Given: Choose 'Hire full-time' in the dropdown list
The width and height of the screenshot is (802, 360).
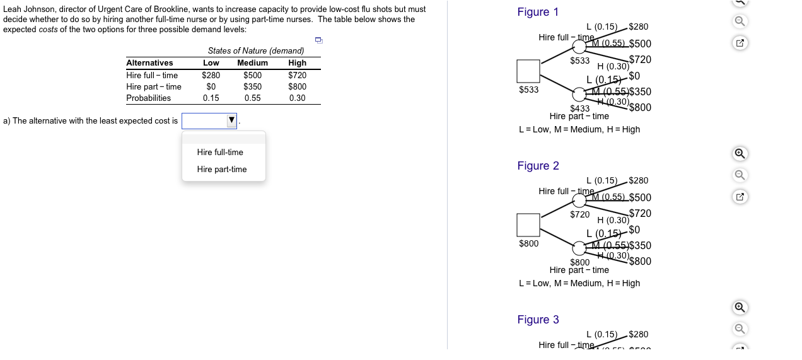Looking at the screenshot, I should pos(220,152).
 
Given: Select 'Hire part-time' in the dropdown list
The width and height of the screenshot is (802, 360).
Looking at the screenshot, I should pos(222,169).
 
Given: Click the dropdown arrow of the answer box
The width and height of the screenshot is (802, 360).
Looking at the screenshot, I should pos(231,120).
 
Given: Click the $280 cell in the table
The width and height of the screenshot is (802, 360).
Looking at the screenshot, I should pos(211,75).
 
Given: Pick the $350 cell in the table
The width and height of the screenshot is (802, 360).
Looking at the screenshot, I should pos(252,86).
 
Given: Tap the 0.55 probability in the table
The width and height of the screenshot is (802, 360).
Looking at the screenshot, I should pos(252,98).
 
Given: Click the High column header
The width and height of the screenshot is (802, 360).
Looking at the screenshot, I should pos(297,62).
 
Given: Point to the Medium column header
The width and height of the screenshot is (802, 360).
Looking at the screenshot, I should pos(252,62).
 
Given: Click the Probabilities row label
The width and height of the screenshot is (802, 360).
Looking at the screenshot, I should pos(149,98).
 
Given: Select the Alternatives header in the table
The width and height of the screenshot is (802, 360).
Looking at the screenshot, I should pos(149,62).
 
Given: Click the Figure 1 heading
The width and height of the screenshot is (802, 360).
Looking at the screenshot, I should pos(538,12).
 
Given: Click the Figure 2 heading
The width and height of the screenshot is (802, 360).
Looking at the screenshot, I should pos(538,166).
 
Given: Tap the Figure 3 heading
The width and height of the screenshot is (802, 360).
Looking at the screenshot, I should pos(538,320).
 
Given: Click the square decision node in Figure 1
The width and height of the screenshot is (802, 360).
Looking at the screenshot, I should pos(528,71).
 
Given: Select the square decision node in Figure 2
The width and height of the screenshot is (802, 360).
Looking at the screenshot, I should pos(528,224).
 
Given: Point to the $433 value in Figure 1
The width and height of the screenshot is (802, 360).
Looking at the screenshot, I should pos(580,108).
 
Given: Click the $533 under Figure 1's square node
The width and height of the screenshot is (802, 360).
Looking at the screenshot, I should pos(528,90).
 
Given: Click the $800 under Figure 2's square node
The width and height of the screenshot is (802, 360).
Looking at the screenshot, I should pos(528,243).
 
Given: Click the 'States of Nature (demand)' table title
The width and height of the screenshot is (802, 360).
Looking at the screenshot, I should pos(256,50).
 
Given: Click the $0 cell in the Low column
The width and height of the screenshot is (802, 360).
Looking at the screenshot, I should pos(211,86).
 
